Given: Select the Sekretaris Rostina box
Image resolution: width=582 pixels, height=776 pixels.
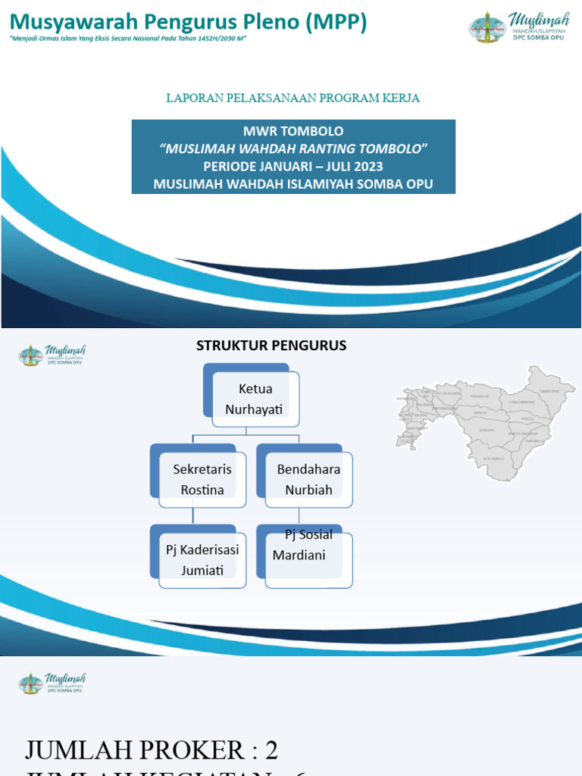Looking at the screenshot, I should point(202,480).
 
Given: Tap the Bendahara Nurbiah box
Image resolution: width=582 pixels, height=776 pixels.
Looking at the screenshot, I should point(308,480).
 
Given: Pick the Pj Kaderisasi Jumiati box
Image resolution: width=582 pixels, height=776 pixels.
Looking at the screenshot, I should point(202,560).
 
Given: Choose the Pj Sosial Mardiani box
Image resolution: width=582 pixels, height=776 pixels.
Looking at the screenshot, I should point(308,559).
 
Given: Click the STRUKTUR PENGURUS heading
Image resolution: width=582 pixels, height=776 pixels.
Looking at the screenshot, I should point(271,346).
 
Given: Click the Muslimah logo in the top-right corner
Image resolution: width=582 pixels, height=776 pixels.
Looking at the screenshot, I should point(518,26).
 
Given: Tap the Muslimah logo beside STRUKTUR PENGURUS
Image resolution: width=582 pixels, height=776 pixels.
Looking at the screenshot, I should point(52,355).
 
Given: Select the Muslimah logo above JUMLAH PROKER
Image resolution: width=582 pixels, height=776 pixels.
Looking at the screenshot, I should point(52,683).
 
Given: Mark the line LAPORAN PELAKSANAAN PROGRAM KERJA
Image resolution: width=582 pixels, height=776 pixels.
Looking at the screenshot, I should point(293,99).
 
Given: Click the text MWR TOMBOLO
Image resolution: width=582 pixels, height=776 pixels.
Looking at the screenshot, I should point(293,131).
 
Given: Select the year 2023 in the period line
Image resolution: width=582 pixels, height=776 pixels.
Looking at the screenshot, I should point(368,166).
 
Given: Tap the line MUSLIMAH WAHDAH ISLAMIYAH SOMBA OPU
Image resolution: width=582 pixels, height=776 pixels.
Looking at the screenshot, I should point(293,183).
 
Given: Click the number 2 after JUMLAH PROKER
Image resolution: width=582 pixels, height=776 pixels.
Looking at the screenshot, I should point(271,750).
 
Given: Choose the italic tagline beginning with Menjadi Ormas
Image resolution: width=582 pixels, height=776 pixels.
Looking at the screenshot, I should point(129,39).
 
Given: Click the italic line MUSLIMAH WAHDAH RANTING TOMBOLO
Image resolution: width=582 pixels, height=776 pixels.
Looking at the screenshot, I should point(293,149).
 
